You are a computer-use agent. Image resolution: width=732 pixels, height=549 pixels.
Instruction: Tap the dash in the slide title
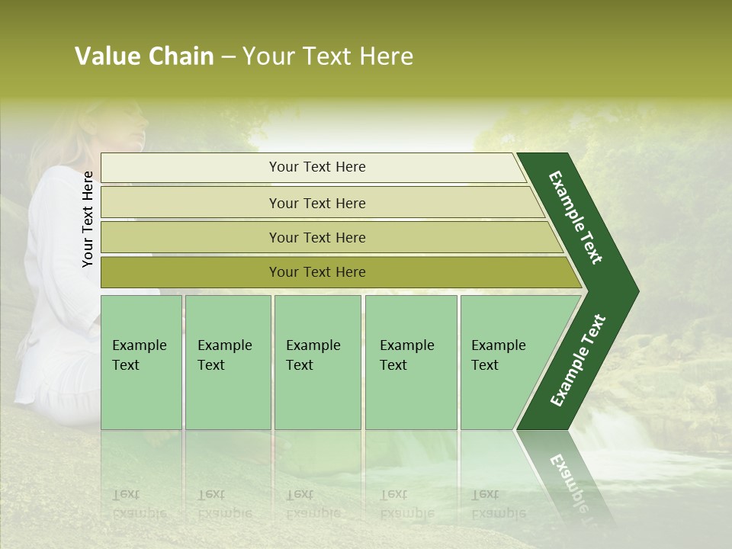click(x=228, y=57)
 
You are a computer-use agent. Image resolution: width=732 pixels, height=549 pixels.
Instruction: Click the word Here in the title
click(x=386, y=56)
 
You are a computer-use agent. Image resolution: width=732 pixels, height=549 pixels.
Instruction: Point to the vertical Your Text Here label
click(x=88, y=219)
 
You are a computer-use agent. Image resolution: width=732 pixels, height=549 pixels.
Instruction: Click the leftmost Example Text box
click(x=141, y=361)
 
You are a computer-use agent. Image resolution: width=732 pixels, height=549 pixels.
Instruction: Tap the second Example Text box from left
click(x=228, y=361)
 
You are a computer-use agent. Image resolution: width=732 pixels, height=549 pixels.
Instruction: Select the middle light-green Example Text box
click(x=317, y=361)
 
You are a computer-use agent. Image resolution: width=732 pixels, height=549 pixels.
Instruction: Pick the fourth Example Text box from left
click(x=411, y=361)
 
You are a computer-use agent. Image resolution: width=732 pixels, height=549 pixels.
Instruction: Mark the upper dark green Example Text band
click(x=576, y=217)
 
